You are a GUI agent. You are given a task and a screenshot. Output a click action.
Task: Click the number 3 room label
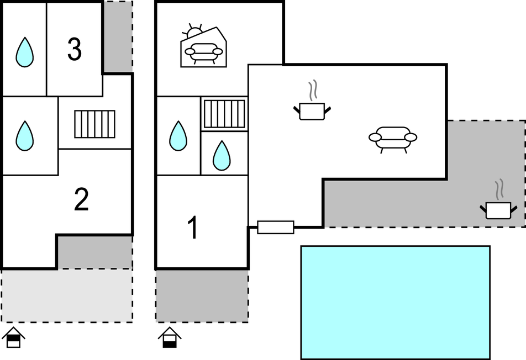(x=74, y=50)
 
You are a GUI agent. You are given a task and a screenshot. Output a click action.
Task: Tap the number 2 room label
(x=81, y=200)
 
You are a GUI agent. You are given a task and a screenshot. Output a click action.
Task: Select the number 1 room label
(x=193, y=229)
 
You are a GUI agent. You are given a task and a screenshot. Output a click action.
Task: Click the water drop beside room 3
(x=24, y=52)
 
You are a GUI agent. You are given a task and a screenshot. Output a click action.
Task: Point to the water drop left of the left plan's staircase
(x=24, y=136)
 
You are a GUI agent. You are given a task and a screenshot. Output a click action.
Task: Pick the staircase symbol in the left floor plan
(x=94, y=124)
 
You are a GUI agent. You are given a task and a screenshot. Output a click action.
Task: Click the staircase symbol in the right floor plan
(x=224, y=114)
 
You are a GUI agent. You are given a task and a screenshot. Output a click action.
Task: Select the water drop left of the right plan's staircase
(x=178, y=136)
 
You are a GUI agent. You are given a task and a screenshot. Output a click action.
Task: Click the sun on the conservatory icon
(x=194, y=31)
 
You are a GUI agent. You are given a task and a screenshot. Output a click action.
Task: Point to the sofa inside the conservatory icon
(x=203, y=53)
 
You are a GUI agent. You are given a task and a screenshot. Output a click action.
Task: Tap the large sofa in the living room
(x=392, y=138)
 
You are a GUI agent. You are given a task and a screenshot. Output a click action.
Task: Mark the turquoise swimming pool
(x=395, y=302)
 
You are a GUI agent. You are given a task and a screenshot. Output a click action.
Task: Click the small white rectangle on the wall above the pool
(x=276, y=226)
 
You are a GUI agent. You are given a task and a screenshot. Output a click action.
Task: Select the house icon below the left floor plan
(x=14, y=337)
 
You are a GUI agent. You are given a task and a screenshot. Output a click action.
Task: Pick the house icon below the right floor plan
(x=170, y=337)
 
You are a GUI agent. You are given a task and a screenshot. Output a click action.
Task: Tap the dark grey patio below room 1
(x=202, y=295)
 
